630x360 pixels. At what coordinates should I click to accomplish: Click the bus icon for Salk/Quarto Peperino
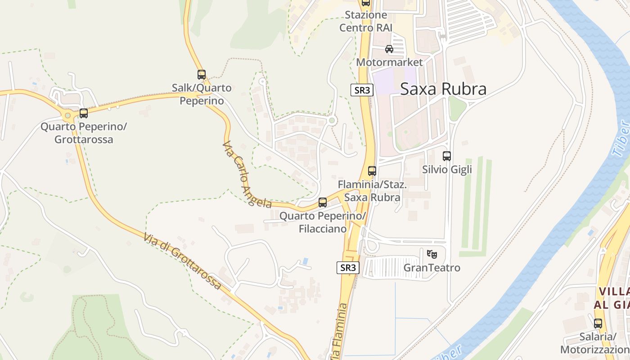pos(202,75)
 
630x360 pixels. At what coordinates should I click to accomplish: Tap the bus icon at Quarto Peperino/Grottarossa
pos(84,113)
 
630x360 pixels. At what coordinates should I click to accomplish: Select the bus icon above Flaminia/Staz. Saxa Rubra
pos(372,171)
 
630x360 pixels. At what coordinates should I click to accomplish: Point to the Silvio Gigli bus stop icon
pos(447,156)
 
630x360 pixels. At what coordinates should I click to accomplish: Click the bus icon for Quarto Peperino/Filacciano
pos(323,202)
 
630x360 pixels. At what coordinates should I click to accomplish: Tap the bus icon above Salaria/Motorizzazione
pos(598,323)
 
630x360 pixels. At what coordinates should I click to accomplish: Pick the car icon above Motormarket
pos(389,49)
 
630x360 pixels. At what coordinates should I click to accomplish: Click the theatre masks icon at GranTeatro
pos(432,254)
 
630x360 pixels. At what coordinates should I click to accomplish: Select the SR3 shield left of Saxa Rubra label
pos(362,90)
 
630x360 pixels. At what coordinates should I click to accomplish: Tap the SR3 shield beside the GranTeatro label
pos(348,268)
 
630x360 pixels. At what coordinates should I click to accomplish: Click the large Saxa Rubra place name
pos(443,89)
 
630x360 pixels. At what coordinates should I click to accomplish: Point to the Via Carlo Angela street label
pos(247,175)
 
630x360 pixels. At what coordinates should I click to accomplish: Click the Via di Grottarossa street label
pos(183,261)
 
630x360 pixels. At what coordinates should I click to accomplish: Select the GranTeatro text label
pos(432,268)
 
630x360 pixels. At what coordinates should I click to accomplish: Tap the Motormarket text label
pos(390,62)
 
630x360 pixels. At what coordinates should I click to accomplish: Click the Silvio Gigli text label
pos(447,170)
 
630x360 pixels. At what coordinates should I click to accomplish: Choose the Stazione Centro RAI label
pos(366,21)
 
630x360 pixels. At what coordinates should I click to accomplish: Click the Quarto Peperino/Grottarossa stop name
pos(84,133)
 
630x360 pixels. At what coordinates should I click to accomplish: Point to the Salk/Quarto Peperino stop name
pos(202,94)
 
